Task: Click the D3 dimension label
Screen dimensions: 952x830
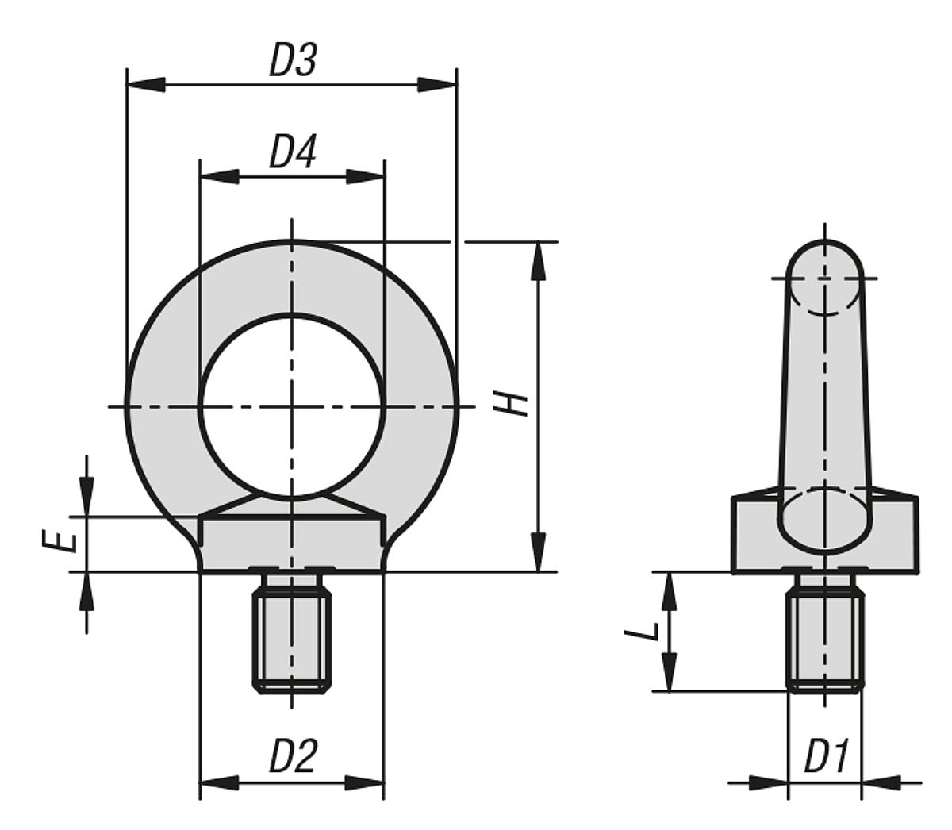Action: pyautogui.click(x=294, y=60)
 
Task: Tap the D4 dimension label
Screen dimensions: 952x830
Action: pyautogui.click(x=294, y=152)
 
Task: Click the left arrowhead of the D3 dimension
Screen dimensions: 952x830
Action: pyautogui.click(x=146, y=85)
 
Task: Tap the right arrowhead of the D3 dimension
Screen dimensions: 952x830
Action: pyautogui.click(x=437, y=85)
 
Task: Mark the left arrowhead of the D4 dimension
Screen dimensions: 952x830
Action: pyautogui.click(x=219, y=177)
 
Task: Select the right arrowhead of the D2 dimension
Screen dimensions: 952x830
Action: pyautogui.click(x=364, y=782)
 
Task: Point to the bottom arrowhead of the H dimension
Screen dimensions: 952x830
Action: pyautogui.click(x=539, y=552)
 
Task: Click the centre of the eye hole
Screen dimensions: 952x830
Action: pyautogui.click(x=292, y=407)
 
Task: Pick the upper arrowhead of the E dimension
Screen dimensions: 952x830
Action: pyautogui.click(x=86, y=497)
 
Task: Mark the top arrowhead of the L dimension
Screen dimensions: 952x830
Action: pyautogui.click(x=669, y=591)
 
